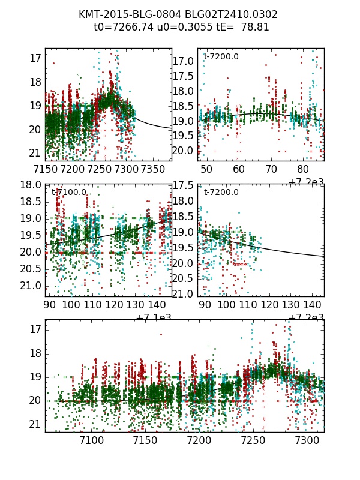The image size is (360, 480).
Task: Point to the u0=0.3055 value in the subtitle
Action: click(179, 27)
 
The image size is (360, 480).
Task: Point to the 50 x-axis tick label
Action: click(206, 169)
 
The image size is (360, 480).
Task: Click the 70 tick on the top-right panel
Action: click(271, 169)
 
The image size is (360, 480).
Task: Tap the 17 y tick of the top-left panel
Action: click(35, 58)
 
